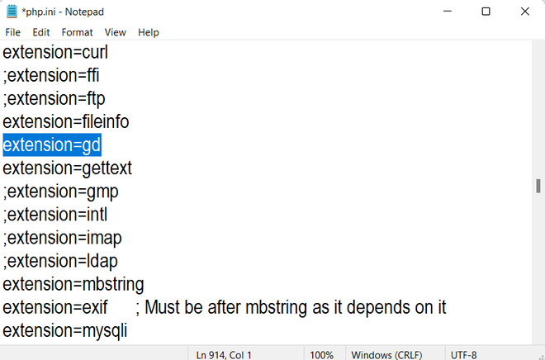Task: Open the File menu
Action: coord(13,32)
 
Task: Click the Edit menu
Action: coord(41,32)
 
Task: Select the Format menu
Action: coord(77,32)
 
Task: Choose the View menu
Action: coord(115,32)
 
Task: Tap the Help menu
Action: coord(149,32)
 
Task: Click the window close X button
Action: coord(525,12)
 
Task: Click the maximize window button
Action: coord(486,12)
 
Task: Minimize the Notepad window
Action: coord(448,11)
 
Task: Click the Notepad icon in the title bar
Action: coord(12,12)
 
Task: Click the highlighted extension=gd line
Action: coord(52,144)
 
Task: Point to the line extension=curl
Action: coord(55,52)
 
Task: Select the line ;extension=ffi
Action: coord(51,75)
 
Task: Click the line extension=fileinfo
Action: coord(66,121)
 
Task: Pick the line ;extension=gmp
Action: coord(60,192)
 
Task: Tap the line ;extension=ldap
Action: coord(60,261)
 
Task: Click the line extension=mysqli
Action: coord(65,331)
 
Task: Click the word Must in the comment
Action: coord(162,307)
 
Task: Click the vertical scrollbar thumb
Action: coord(538,186)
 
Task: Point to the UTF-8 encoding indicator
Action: coord(464,355)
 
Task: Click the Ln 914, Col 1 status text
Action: coord(224,355)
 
